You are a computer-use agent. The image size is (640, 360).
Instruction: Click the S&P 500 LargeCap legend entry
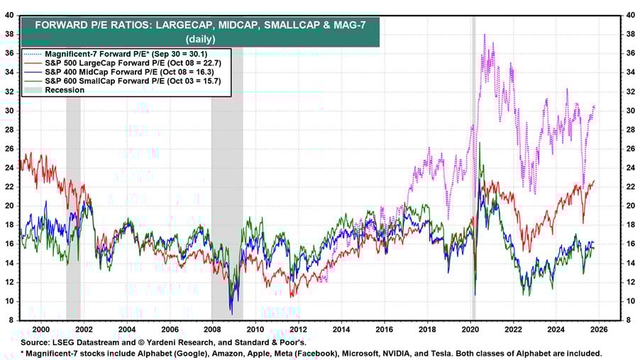116,62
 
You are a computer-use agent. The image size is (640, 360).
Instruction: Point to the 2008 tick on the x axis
212,329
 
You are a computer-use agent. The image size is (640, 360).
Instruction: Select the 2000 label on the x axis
40,329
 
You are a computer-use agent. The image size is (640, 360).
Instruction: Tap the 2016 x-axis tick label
384,329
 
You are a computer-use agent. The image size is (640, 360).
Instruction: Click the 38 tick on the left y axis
11,33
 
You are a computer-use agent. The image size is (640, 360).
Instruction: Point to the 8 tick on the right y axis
627,320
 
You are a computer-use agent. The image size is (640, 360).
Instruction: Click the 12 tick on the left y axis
11,282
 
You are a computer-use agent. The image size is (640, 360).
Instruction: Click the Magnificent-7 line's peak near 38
484,35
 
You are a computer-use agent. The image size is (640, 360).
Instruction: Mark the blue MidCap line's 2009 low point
231,313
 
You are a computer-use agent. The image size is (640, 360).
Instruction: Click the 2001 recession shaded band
73,213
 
